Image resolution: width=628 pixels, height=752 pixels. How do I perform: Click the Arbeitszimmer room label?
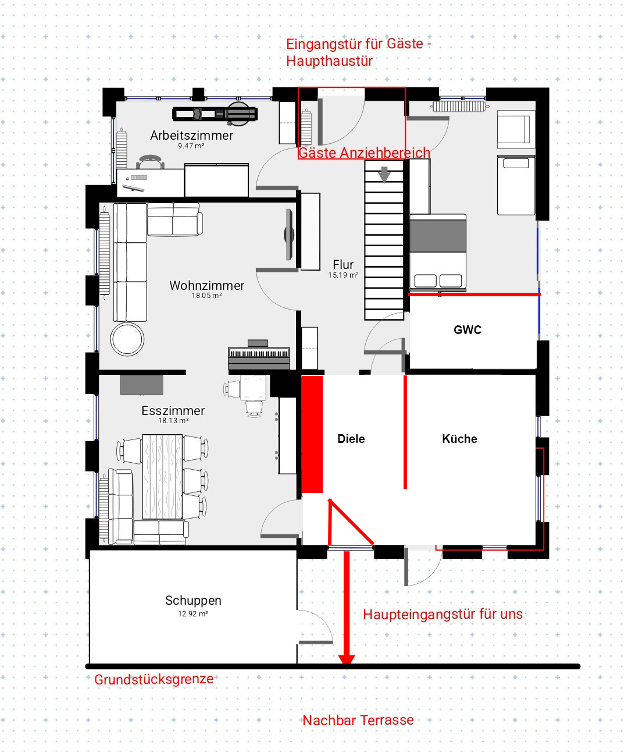coord(191,136)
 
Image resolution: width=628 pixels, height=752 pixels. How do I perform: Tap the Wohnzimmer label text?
coord(206,286)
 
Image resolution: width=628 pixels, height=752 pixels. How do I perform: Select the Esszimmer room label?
coord(173,410)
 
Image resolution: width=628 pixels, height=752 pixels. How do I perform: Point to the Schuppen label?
coord(193,600)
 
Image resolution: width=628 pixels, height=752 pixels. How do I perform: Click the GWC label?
coord(468,330)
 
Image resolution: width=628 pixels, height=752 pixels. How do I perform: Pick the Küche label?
coord(459,439)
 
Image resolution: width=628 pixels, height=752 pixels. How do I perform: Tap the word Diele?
coord(351,439)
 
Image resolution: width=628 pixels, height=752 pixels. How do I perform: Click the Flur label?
coord(343,265)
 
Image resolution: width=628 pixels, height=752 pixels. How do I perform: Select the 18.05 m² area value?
coord(206,296)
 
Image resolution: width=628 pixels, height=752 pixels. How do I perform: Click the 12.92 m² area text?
coord(193,614)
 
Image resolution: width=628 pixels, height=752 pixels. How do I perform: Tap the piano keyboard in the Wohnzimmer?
coord(259,354)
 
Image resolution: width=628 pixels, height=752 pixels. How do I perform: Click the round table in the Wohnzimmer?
coord(127,339)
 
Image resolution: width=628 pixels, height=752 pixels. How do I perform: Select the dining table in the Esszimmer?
coord(162,477)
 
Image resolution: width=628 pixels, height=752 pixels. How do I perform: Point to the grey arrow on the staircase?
coord(384,175)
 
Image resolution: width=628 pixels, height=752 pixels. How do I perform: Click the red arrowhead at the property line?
coord(347,659)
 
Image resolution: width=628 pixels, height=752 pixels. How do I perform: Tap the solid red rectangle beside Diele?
coord(312,434)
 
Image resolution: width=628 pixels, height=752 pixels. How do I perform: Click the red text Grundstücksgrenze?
coord(154,679)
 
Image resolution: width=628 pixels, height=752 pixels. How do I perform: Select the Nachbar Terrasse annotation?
coord(358,721)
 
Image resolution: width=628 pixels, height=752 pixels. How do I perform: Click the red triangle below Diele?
coord(345,522)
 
